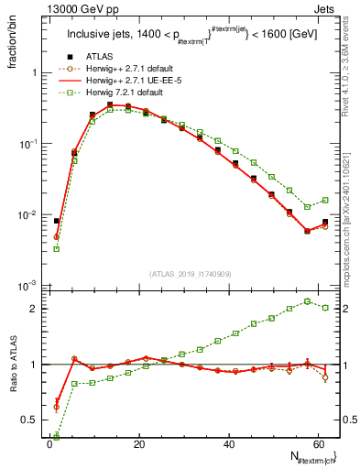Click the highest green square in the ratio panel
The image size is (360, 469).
308,300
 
